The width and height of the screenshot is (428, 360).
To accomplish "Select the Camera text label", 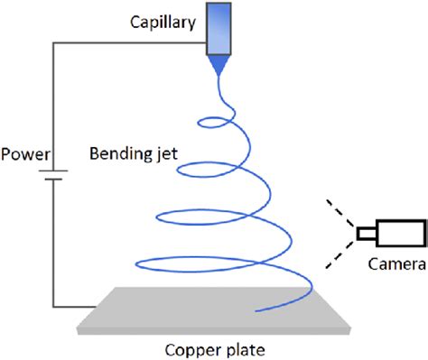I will (x=395, y=263).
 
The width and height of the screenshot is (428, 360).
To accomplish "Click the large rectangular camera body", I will (x=396, y=234).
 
